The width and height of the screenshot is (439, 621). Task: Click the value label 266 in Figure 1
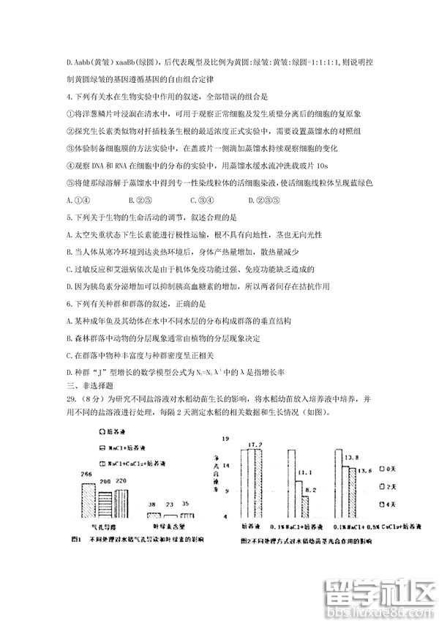86,476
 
